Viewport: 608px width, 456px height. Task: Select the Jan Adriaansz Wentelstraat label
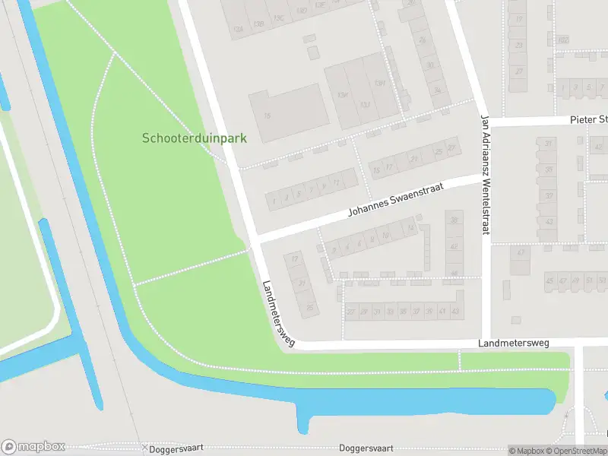click(x=483, y=175)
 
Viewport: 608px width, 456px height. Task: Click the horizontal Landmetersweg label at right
click(x=514, y=344)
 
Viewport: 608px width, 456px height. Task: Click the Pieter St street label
click(x=589, y=120)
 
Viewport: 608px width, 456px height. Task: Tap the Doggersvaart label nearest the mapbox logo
click(x=177, y=448)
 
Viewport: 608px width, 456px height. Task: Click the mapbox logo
click(x=33, y=447)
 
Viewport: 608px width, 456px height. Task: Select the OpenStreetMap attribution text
click(x=576, y=451)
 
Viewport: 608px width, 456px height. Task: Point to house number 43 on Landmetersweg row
click(x=455, y=312)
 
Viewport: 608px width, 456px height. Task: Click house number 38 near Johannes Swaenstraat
click(x=454, y=220)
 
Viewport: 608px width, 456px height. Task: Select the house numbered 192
click(x=562, y=40)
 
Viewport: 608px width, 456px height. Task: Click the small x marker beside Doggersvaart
click(x=144, y=447)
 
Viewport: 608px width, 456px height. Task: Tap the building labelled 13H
click(x=343, y=94)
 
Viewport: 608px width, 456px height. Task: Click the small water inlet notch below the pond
click(x=303, y=423)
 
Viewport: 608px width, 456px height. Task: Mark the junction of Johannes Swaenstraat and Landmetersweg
click(x=255, y=239)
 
